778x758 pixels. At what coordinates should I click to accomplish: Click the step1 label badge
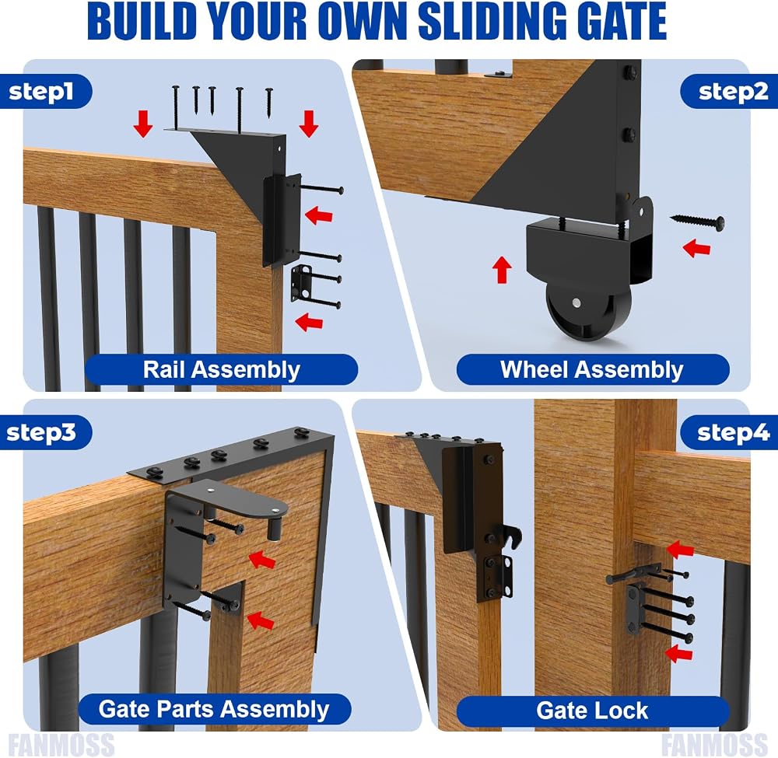click(x=46, y=91)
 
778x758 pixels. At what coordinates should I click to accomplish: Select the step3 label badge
click(x=46, y=432)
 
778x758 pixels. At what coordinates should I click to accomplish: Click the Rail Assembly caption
click(x=221, y=369)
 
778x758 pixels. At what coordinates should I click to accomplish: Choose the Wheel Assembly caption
click(x=592, y=369)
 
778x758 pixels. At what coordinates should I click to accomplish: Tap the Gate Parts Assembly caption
click(x=215, y=709)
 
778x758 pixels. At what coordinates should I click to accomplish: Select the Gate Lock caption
click(x=592, y=710)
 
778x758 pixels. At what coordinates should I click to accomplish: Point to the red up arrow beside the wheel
click(x=502, y=269)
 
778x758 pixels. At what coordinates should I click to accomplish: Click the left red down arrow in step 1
click(x=143, y=124)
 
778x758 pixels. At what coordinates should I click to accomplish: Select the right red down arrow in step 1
click(x=309, y=124)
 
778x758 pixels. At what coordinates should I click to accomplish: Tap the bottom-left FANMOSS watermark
click(x=61, y=744)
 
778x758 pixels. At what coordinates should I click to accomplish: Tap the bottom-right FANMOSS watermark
click(x=714, y=744)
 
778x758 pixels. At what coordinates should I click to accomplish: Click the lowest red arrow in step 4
click(x=678, y=653)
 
